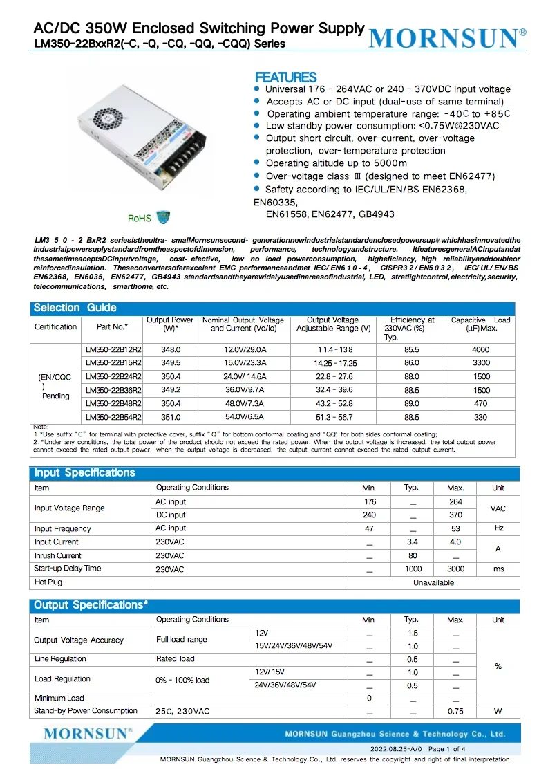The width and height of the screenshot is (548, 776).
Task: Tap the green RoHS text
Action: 140,219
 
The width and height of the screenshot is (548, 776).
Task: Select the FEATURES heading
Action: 285,77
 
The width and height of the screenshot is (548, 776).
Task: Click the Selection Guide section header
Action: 75,308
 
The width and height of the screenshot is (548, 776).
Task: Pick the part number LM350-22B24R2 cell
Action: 113,377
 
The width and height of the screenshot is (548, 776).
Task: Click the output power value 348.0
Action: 170,350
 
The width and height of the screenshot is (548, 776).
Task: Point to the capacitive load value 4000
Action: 480,350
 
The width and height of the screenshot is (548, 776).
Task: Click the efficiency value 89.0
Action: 411,404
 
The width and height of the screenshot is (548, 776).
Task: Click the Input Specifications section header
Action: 84,473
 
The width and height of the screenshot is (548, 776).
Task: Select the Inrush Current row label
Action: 58,555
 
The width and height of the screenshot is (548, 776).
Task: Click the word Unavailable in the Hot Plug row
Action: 433,582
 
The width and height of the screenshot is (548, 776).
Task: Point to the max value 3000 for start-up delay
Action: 455,569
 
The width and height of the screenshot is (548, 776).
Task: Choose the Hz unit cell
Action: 498,528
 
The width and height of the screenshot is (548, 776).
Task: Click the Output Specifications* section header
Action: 91,605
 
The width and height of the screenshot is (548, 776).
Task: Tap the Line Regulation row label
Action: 60,659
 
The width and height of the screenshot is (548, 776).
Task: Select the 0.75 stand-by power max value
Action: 455,711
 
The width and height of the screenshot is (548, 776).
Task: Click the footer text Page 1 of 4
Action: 446,749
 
